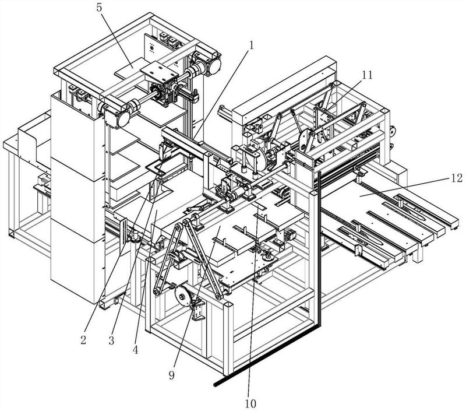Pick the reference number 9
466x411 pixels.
tap(172, 376)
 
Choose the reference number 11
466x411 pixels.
tap(367, 74)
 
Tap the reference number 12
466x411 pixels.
tap(456, 178)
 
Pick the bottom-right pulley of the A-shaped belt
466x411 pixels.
tap(218, 297)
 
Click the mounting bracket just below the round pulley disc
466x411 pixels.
tap(199, 310)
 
